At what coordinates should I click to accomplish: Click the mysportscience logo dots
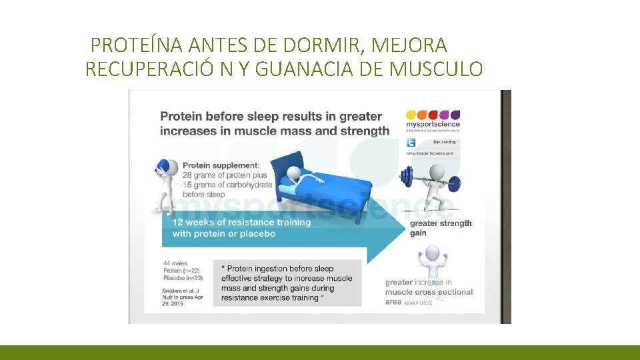pos(433,114)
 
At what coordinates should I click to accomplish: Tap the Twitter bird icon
pos(411,142)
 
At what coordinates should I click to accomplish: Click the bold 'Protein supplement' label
pos(221,165)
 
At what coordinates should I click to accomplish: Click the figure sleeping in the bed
pos(301,175)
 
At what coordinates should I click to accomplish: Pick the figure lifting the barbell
pos(429,190)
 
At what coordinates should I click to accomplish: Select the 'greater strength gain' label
pos(440,228)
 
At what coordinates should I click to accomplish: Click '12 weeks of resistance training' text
pos(241,222)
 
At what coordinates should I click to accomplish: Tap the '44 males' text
pos(175,263)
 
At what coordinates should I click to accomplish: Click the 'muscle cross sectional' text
pos(429,292)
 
